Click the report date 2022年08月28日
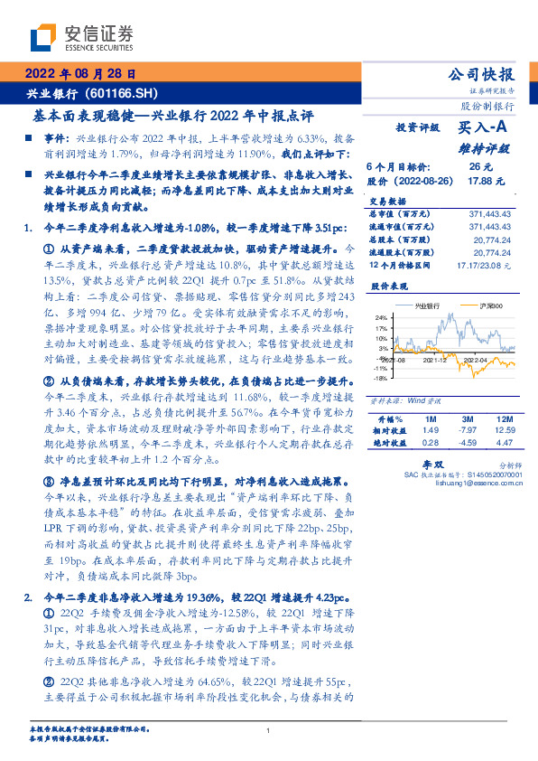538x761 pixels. pos(81,74)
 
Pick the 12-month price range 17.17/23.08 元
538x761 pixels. pos(484,264)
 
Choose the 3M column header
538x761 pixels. pos(466,420)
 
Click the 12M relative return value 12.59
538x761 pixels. pos(502,431)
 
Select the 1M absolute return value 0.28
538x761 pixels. pos(430,442)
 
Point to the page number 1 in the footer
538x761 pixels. pos(269,731)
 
